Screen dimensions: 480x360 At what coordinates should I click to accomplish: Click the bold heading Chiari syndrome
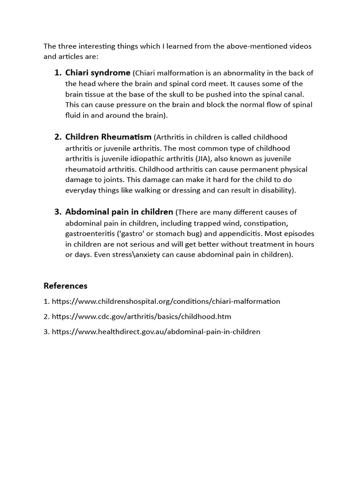coord(97,73)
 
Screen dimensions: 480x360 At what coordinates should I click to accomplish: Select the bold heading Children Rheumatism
coord(108,137)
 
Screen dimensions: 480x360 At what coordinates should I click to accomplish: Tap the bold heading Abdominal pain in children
coord(119,212)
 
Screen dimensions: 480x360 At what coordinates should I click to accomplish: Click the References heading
coord(66,285)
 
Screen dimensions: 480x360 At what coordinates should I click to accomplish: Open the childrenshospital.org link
coord(166,301)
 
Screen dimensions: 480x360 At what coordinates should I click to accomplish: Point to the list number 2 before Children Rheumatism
coord(58,137)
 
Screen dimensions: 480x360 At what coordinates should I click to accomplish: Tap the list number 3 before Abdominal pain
coord(58,212)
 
